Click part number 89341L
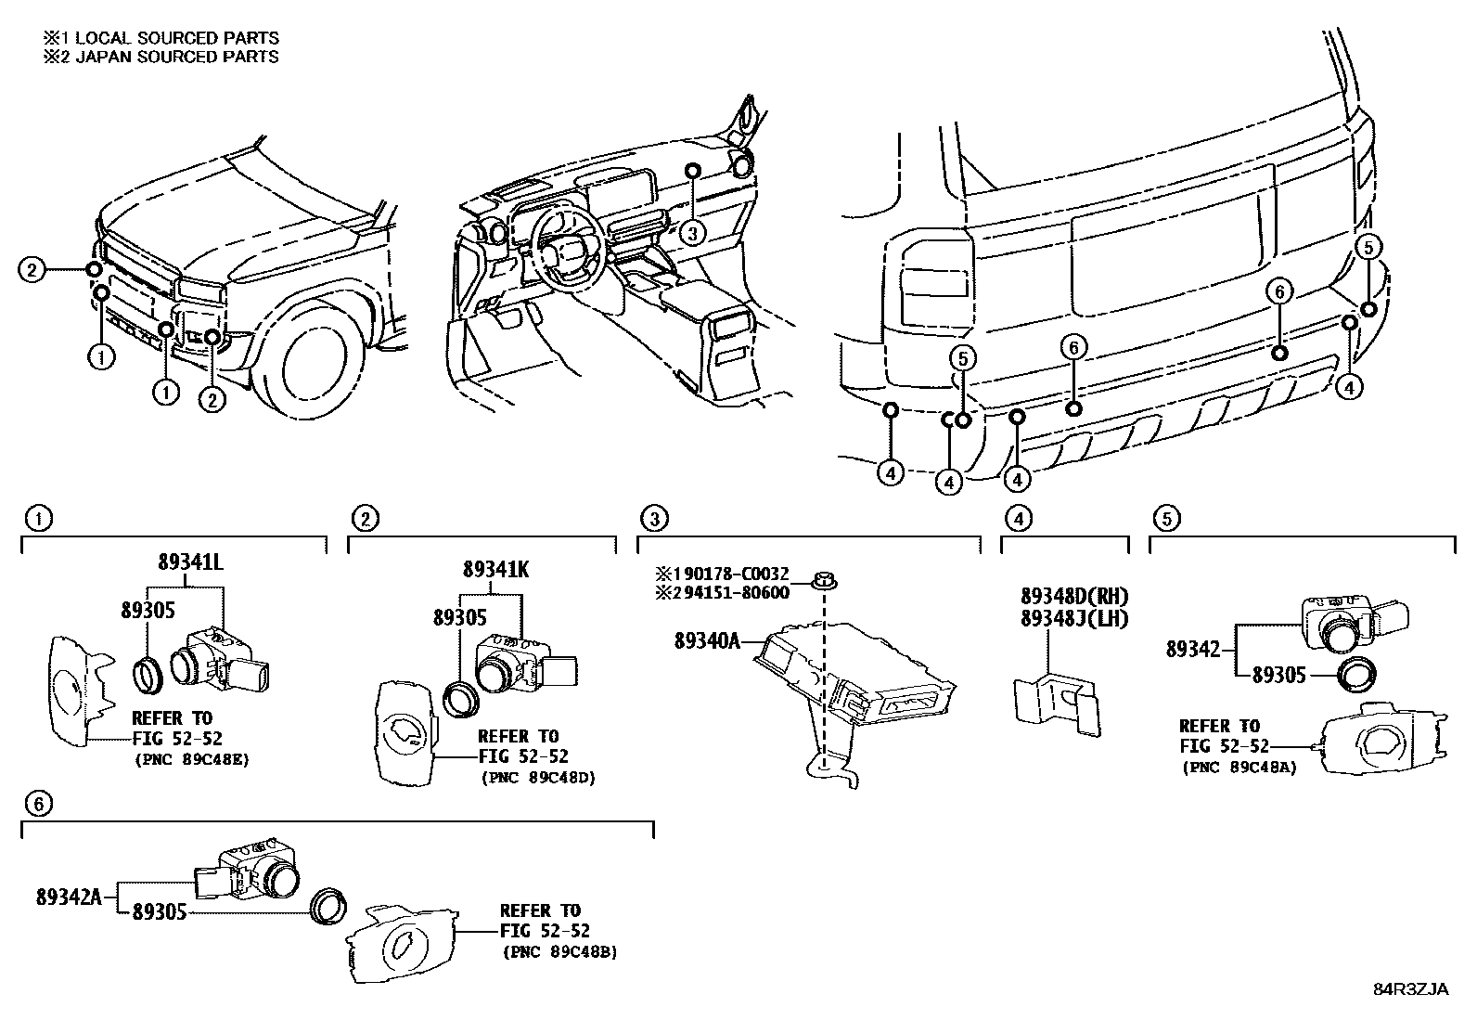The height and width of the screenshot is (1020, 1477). pos(189,562)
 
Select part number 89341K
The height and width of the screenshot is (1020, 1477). pos(496,570)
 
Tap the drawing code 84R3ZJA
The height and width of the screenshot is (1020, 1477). pos(1410,988)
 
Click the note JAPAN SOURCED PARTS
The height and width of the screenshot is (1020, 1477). pos(176,56)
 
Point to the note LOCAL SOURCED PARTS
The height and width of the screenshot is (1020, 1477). pos(176,38)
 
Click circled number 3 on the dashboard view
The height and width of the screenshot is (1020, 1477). pos(692,233)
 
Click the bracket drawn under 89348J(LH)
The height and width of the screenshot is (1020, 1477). pos(1056,701)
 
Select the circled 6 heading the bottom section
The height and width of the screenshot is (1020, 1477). pos(38,804)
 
